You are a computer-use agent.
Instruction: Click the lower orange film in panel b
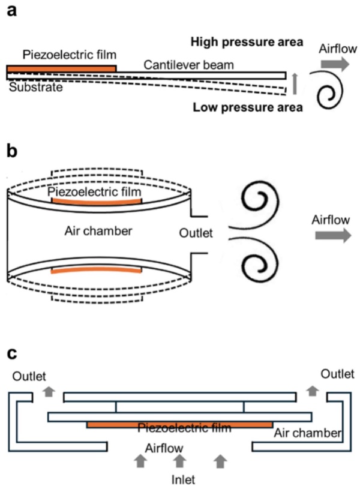97,270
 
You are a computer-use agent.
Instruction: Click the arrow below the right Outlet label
312,391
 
